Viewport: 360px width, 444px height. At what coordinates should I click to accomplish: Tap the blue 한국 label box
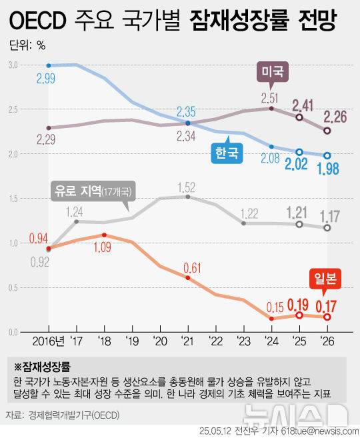[226, 153]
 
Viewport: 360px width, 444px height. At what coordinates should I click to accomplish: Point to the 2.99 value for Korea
[48, 79]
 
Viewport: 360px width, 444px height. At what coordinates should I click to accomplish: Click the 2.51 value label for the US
[271, 100]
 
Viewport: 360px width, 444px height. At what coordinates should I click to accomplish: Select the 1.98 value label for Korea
[327, 171]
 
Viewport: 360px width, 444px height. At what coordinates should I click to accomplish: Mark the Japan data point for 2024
[271, 319]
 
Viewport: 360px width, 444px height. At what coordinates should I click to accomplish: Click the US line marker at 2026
[327, 131]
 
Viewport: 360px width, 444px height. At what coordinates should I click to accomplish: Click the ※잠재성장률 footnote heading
[43, 366]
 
